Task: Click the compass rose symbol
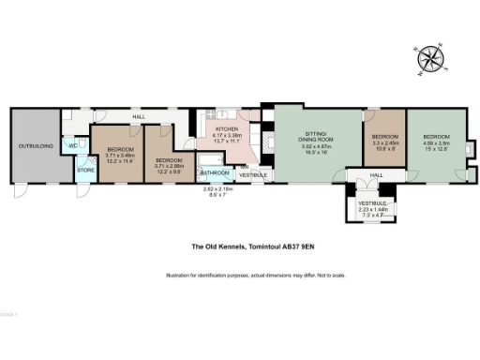(x=430, y=59)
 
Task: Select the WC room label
(x=72, y=145)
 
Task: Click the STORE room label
(x=84, y=170)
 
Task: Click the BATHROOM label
(x=215, y=172)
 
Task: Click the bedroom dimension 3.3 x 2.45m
(x=383, y=143)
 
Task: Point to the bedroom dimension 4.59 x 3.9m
(x=437, y=143)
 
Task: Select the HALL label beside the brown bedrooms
(x=138, y=117)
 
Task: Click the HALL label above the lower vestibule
(x=376, y=174)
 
